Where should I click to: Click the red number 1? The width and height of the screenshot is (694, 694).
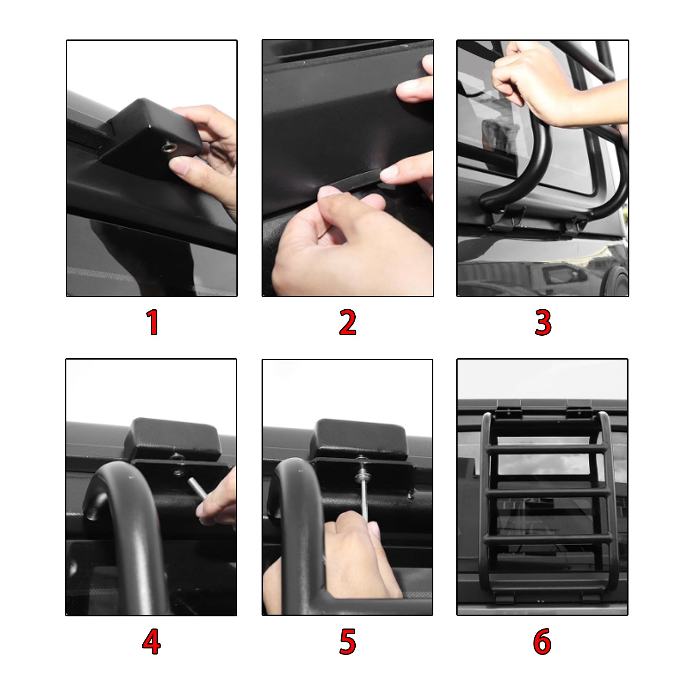point(152,323)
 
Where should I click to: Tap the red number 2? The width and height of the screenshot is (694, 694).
point(347,323)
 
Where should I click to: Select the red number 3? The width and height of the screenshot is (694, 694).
point(543,323)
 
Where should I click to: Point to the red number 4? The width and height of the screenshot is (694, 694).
point(151,642)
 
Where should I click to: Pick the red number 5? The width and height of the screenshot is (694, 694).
point(347,642)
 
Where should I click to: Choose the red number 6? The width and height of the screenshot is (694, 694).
point(542,642)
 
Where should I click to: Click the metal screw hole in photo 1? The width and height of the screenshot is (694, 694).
point(167,149)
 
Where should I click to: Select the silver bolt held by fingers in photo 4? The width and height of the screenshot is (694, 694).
point(197,489)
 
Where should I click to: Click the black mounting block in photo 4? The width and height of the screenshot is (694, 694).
point(173,439)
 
